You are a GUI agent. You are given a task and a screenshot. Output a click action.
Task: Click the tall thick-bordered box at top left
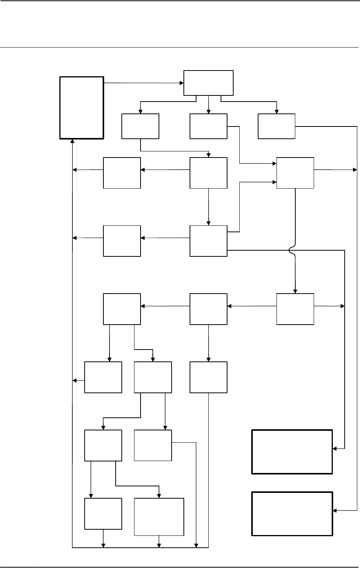[x=82, y=108]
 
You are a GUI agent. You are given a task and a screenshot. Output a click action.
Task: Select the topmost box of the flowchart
[x=208, y=83]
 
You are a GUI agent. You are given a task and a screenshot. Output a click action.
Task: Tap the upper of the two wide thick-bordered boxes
[x=292, y=452]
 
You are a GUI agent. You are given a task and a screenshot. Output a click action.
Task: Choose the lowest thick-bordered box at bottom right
[x=292, y=514]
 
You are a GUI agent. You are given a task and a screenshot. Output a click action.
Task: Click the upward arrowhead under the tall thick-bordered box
[x=72, y=141]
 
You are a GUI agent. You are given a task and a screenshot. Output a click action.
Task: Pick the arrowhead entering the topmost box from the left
[x=182, y=83]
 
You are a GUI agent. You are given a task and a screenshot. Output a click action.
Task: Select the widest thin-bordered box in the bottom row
[x=159, y=517]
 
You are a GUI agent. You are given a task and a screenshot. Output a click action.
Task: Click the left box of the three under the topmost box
[x=140, y=126]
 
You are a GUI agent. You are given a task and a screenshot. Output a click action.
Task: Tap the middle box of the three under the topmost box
[x=208, y=126]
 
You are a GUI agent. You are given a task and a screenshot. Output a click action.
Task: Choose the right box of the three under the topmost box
[x=277, y=126]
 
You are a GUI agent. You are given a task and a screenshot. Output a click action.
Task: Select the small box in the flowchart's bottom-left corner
[x=103, y=514]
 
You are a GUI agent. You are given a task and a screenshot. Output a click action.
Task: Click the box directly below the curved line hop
[x=295, y=309]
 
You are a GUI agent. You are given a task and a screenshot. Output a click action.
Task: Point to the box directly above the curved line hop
[x=295, y=173]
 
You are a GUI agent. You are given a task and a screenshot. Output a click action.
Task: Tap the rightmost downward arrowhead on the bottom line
[x=196, y=545]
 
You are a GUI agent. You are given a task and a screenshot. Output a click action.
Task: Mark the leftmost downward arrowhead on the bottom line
[x=103, y=545]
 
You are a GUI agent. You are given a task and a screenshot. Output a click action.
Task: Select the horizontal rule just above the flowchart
[x=180, y=48]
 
